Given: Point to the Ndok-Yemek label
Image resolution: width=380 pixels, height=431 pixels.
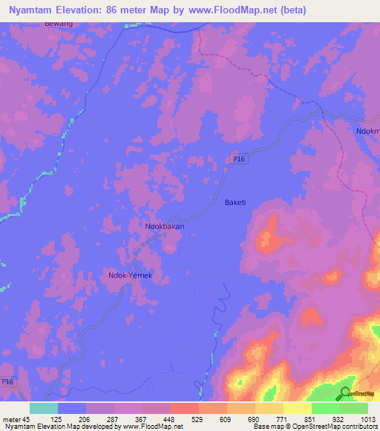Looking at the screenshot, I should pos(130,275).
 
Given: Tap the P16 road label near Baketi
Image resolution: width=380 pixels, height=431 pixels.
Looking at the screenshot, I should pos(238,158).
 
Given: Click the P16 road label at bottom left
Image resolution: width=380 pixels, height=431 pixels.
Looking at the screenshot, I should pos(7,382).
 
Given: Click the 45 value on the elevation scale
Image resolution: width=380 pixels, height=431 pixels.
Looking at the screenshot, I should pos(28,419).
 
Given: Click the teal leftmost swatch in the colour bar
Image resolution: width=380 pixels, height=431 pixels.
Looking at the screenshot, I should pos(44,408).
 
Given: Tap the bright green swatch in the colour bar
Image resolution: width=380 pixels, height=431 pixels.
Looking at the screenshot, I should pos(325,408).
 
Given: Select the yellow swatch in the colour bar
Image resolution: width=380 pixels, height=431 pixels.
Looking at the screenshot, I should pos(297,408).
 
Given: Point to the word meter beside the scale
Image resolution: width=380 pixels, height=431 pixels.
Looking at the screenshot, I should pos(11,419).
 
